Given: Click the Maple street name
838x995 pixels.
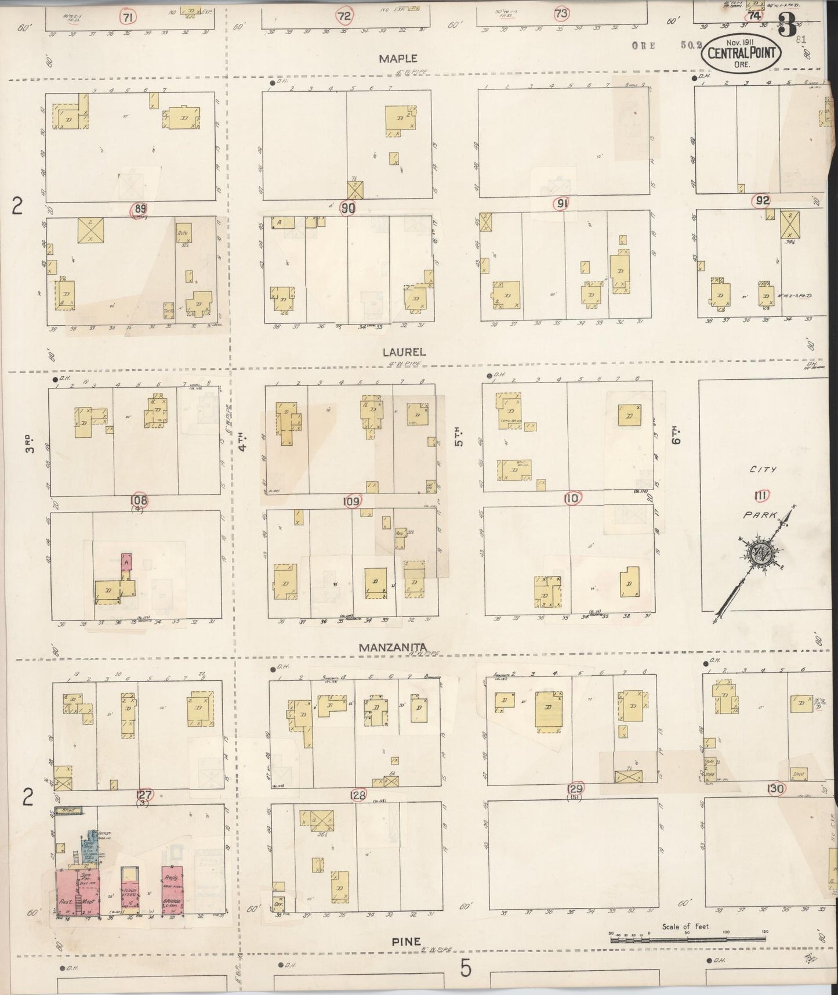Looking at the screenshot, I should click(398, 58).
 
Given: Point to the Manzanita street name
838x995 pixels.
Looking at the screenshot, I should click(393, 647).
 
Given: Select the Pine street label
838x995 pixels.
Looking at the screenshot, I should click(405, 941).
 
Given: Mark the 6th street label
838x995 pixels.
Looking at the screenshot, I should click(676, 434).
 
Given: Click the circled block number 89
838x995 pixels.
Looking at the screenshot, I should click(139, 210).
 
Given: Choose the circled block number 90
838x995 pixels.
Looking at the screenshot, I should click(348, 207).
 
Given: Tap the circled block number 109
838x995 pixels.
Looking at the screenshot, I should click(352, 501).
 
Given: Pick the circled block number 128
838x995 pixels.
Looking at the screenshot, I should click(359, 795).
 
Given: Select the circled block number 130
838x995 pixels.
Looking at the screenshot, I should click(775, 788).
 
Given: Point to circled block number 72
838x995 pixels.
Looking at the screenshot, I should click(344, 16).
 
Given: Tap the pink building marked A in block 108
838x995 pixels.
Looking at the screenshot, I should click(126, 562).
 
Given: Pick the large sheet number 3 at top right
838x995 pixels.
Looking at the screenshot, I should click(788, 25).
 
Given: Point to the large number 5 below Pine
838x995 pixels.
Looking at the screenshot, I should click(466, 968).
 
